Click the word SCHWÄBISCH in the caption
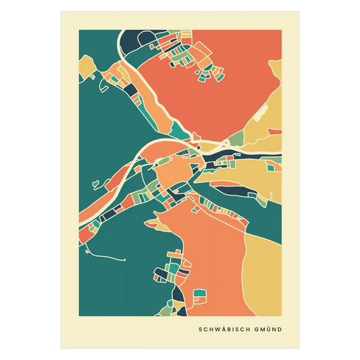pyautogui.click(x=224, y=330)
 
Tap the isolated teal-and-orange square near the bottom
pyautogui.click(x=199, y=295)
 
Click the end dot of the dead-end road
pyautogui.click(x=126, y=260)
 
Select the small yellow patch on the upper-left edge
pyautogui.click(x=86, y=65)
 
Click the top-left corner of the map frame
pyautogui.click(x=79, y=30)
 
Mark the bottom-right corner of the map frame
pyautogui.click(x=282, y=316)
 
